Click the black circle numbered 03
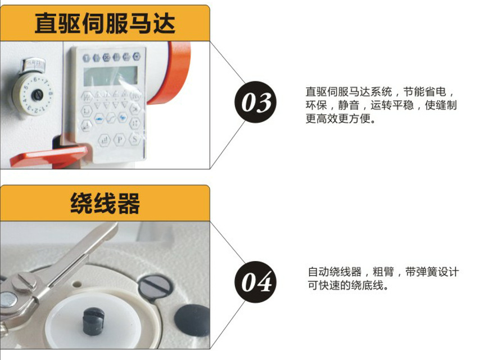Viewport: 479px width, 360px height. (x=255, y=102)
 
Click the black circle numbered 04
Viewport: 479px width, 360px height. (x=255, y=282)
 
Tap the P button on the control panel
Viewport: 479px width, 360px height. (x=119, y=140)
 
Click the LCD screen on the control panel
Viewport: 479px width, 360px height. (x=111, y=75)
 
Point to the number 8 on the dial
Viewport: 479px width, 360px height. (x=51, y=93)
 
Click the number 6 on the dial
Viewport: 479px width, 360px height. (x=35, y=80)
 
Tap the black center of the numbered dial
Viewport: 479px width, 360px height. (x=38, y=96)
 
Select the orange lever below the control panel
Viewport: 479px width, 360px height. (x=49, y=155)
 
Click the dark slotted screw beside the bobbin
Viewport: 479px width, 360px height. (x=154, y=286)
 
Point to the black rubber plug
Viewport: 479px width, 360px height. (x=192, y=320)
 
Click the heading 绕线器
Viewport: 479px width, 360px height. (x=105, y=203)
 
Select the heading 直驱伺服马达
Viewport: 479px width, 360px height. (x=105, y=23)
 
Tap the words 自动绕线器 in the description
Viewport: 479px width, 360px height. (x=335, y=272)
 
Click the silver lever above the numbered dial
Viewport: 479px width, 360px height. (x=33, y=66)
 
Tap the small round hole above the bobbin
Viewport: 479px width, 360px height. (x=77, y=284)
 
